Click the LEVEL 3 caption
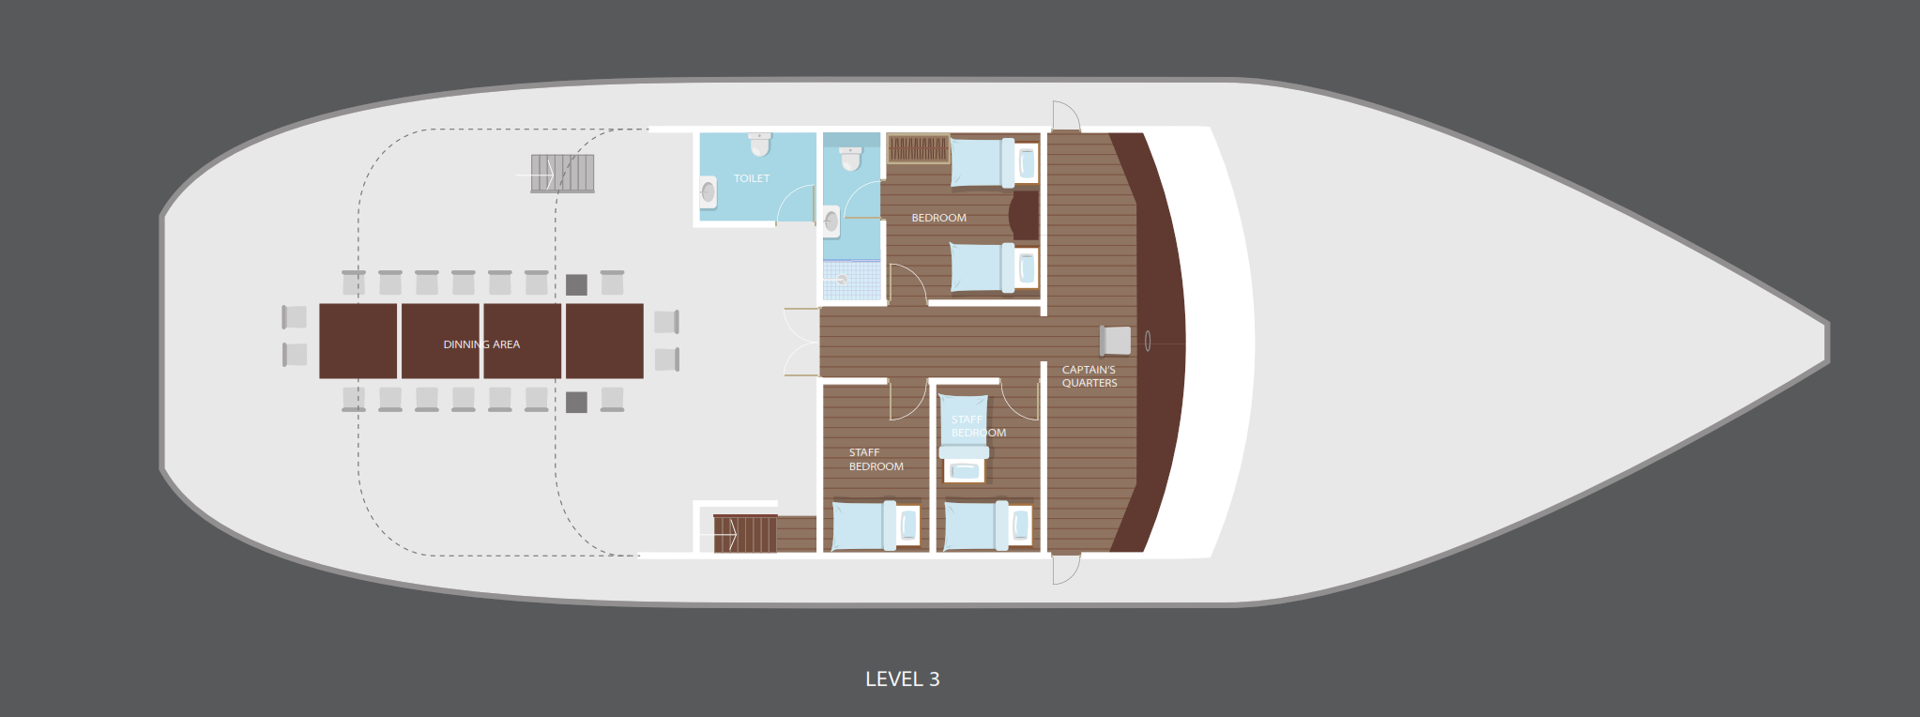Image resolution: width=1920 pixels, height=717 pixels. pos(902,679)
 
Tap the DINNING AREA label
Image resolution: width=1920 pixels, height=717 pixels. pos(481,344)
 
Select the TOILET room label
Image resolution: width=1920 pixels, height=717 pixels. pos(752,178)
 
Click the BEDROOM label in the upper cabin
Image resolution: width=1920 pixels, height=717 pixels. pos(938,218)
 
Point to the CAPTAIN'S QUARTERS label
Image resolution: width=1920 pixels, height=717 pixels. pos(1090,376)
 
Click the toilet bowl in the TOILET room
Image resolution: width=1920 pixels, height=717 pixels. pos(760,145)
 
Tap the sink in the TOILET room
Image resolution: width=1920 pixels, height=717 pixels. pos(709,192)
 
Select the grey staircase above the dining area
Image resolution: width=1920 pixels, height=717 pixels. pos(562,174)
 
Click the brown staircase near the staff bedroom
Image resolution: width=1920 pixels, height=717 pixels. pos(745,533)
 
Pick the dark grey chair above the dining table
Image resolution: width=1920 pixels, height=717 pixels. pos(576,284)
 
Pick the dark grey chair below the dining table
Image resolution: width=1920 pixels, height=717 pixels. pos(576,403)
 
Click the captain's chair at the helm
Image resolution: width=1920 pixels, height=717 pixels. pos(1115,340)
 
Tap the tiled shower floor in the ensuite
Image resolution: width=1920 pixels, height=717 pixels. pos(852,280)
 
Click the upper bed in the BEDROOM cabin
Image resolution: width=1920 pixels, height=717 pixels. pos(994,162)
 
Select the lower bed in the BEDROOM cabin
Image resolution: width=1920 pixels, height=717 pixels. pos(994,267)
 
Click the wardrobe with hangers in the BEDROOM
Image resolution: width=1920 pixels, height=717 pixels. pos(918,148)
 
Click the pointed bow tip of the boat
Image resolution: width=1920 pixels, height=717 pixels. pos(1827,342)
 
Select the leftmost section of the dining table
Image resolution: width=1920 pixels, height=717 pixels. pos(358,341)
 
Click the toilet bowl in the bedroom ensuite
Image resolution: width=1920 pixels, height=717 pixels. pos(851,159)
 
